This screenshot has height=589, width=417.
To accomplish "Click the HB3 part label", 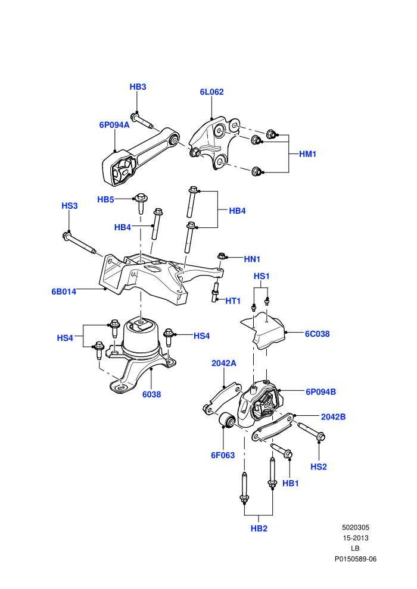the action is pyautogui.click(x=138, y=87).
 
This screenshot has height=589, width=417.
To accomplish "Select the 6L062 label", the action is pyautogui.click(x=211, y=92).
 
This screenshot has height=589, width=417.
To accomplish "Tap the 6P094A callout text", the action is pyautogui.click(x=114, y=125).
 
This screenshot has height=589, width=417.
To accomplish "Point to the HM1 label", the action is pyautogui.click(x=307, y=154).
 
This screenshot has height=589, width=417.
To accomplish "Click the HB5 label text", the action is pyautogui.click(x=105, y=199).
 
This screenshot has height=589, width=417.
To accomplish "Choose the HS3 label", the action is pyautogui.click(x=70, y=206).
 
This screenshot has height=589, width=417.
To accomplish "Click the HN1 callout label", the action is pyautogui.click(x=252, y=259).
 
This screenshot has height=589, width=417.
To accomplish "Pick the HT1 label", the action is pyautogui.click(x=233, y=301).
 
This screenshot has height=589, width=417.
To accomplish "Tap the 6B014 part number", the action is pyautogui.click(x=64, y=292).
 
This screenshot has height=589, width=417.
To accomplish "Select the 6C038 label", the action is pyautogui.click(x=318, y=334).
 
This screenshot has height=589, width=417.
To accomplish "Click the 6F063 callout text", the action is pyautogui.click(x=223, y=455).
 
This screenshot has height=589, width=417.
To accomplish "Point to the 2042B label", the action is pyautogui.click(x=333, y=417).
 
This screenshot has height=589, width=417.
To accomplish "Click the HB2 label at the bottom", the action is pyautogui.click(x=259, y=528).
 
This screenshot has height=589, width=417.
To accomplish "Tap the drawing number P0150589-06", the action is pyautogui.click(x=356, y=559).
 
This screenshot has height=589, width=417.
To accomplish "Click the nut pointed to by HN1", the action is pyautogui.click(x=221, y=256).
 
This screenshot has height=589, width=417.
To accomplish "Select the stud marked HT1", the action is pyautogui.click(x=214, y=292).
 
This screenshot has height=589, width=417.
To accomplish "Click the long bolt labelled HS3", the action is pyautogui.click(x=80, y=243).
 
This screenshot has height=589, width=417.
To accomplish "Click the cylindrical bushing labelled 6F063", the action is pyautogui.click(x=227, y=421).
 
